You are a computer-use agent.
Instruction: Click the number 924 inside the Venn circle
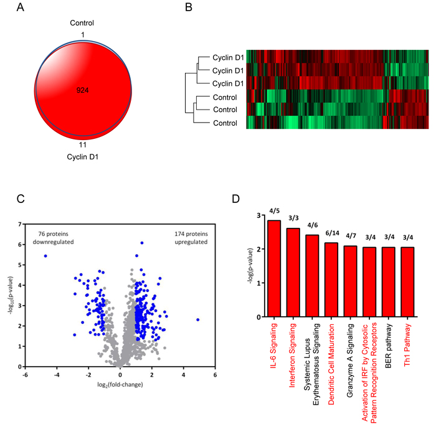[83, 90]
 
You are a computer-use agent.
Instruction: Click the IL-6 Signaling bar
[273, 268]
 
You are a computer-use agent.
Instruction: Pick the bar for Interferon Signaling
[293, 272]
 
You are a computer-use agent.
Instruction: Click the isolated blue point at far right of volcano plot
[197, 319]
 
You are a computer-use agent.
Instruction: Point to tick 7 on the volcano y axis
[21, 224]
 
